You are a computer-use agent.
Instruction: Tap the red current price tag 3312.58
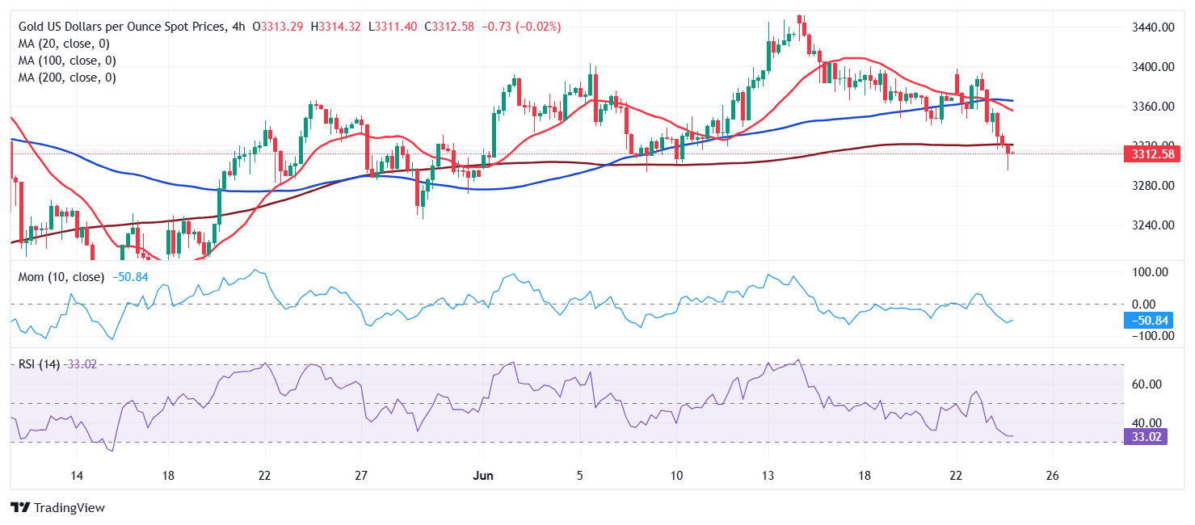point(1147,154)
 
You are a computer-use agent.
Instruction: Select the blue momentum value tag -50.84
point(1145,321)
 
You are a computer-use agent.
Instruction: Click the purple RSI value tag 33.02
point(1145,437)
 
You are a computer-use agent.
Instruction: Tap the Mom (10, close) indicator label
point(61,277)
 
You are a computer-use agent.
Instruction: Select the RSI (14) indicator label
point(39,364)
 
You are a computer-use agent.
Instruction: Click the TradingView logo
point(58,508)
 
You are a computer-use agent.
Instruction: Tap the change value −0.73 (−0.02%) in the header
point(521,27)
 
